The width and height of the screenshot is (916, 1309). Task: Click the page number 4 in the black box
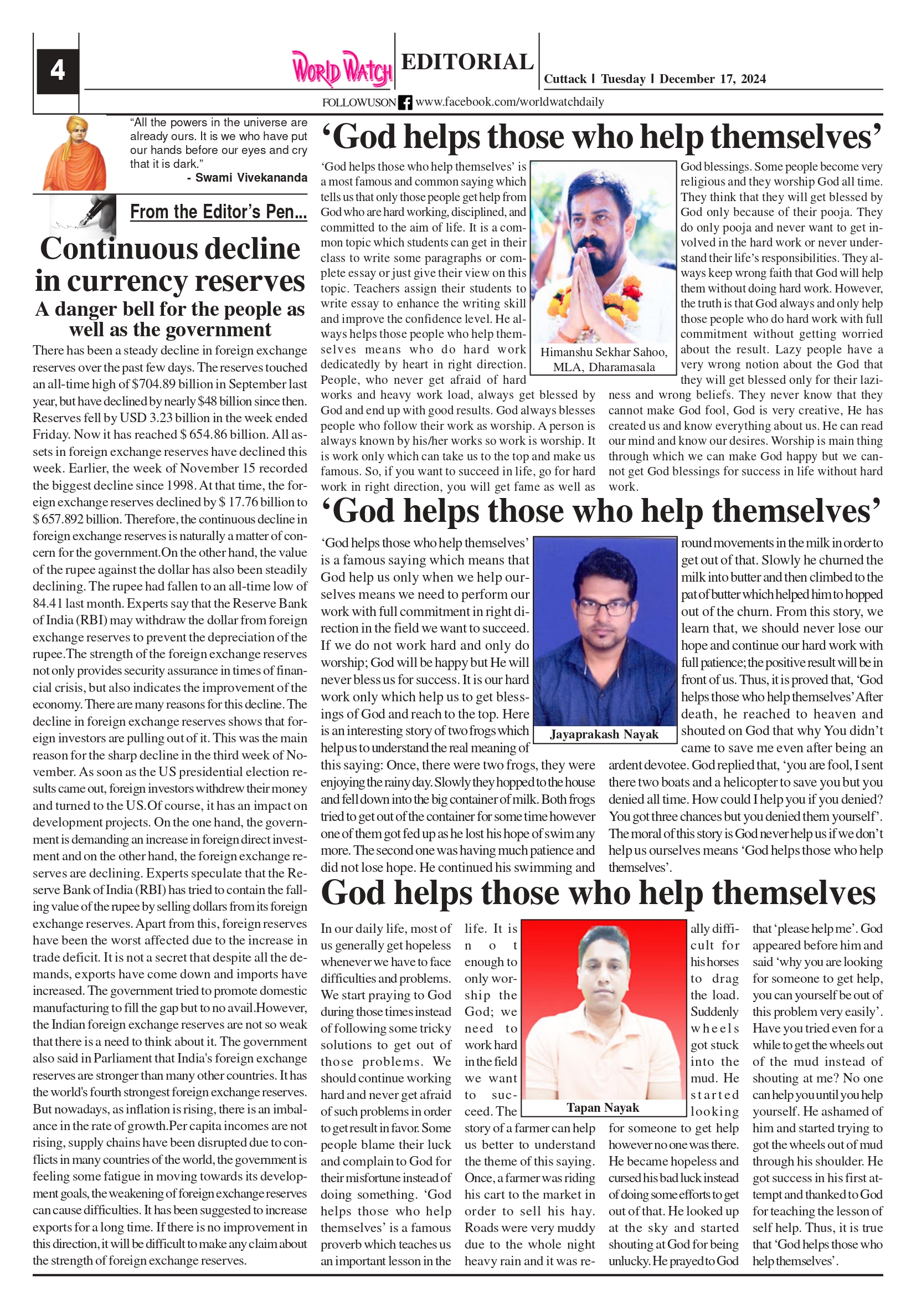click(x=57, y=71)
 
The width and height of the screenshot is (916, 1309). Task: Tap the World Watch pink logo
click(x=342, y=70)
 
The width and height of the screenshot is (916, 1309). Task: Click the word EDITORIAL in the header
click(x=467, y=61)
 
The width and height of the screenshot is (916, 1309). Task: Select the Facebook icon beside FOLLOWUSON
click(x=405, y=102)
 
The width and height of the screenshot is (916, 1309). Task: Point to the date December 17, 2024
click(x=712, y=79)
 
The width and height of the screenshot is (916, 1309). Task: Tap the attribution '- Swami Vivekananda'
click(x=247, y=178)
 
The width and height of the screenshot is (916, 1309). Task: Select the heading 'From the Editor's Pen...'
click(x=218, y=212)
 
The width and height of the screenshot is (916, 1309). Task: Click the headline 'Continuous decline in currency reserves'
click(x=170, y=265)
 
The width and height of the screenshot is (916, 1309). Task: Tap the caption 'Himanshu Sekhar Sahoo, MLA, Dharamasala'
click(x=604, y=360)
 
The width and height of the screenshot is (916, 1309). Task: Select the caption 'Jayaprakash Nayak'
click(x=604, y=735)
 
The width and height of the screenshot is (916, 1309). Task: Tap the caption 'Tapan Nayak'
click(x=603, y=1108)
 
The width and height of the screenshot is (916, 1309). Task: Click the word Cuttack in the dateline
click(x=565, y=79)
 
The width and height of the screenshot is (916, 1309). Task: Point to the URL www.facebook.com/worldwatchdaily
click(x=509, y=102)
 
